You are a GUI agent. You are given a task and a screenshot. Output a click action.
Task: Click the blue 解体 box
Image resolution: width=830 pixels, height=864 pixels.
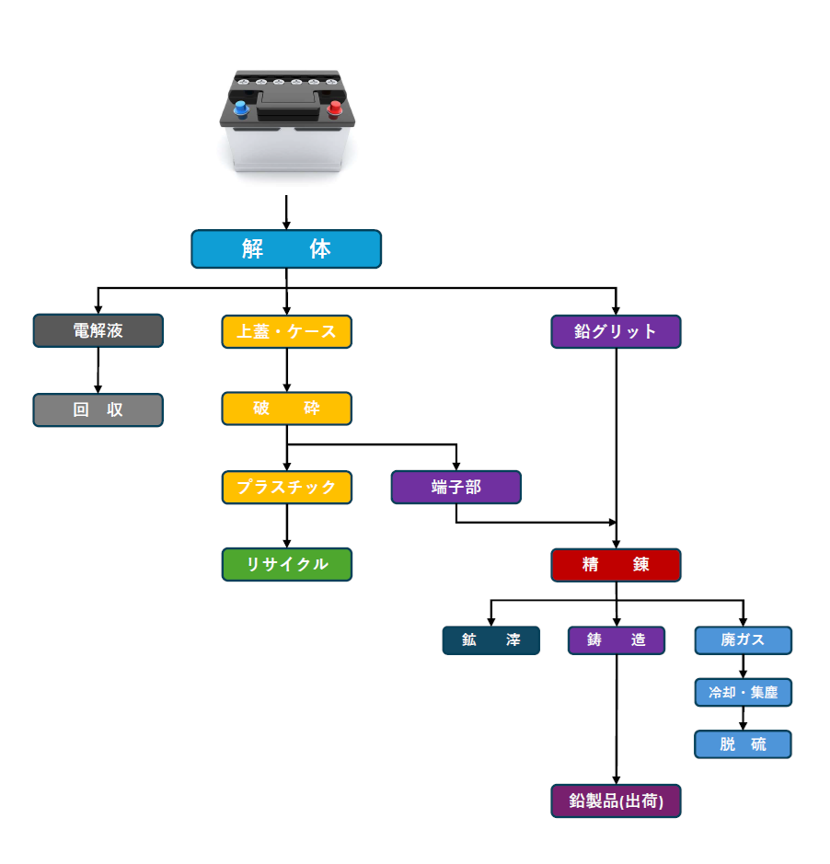(x=286, y=249)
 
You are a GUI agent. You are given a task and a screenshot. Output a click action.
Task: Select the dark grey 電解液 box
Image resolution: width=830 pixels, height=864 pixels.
(x=98, y=331)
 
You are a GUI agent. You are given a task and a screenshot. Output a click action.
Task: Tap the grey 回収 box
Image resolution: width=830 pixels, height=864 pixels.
(x=98, y=410)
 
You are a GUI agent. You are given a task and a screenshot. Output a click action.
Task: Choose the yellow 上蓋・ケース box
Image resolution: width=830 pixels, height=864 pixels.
(x=286, y=331)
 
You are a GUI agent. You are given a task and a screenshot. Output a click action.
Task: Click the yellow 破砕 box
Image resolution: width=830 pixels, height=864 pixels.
(x=286, y=409)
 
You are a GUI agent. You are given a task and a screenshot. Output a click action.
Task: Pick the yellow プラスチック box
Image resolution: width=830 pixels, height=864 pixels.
(x=286, y=488)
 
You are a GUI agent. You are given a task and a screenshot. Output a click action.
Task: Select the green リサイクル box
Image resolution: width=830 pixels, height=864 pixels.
(x=286, y=565)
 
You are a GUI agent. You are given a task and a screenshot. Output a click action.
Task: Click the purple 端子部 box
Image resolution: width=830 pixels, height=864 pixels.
(x=455, y=488)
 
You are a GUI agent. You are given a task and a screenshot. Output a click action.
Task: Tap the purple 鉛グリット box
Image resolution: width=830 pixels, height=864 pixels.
(x=616, y=331)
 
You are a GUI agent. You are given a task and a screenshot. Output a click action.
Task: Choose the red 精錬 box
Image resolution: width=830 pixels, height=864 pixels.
(x=616, y=565)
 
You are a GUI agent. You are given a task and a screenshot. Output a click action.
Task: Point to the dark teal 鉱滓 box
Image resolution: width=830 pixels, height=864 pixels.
(x=490, y=640)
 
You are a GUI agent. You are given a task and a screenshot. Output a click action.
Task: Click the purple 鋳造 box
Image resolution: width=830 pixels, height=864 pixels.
(x=616, y=640)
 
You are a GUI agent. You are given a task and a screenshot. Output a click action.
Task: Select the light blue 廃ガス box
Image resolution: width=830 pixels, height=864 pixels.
(x=743, y=640)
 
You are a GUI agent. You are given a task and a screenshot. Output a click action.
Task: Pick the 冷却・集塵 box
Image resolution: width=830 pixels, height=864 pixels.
(x=743, y=693)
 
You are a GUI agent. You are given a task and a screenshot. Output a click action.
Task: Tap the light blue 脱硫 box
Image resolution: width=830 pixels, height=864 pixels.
(x=743, y=744)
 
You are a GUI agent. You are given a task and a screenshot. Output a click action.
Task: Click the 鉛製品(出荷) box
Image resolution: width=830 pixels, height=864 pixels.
(x=616, y=801)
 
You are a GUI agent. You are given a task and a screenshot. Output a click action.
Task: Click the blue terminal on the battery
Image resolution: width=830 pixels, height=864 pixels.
(x=241, y=109)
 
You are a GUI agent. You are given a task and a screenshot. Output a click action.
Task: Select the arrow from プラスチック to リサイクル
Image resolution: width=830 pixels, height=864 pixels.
(x=286, y=526)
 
